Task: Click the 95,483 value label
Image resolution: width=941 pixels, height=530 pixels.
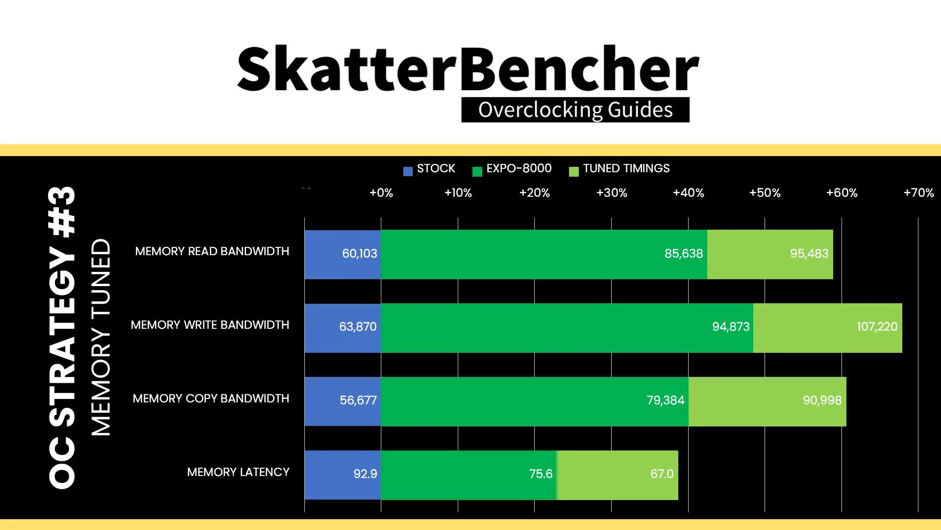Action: coord(809,254)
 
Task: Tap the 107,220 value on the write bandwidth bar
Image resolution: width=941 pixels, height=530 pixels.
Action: coord(877,327)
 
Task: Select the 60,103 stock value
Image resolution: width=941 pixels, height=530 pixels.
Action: coord(360,254)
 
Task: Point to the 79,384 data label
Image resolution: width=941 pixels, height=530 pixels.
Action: coord(666,400)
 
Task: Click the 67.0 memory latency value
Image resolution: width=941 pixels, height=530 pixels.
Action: coord(662,474)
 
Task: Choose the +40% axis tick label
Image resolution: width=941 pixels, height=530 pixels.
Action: coord(689,193)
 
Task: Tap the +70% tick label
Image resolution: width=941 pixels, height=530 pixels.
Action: coord(919,193)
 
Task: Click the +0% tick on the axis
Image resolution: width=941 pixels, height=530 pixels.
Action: coord(381,193)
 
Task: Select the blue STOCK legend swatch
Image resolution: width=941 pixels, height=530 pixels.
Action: coord(408,171)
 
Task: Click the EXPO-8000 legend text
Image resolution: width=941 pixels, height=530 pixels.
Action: coord(519,168)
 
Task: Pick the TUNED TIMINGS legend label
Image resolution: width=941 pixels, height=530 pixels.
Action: coord(626,168)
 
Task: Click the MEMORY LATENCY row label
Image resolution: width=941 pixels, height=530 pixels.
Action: coord(238,472)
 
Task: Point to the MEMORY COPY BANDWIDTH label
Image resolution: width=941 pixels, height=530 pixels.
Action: coord(211,398)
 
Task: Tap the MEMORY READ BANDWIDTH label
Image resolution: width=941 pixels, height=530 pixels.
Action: coord(212,251)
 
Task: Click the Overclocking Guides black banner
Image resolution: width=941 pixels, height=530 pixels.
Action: coord(575,110)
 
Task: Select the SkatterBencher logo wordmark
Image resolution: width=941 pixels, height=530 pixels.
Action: coord(468,69)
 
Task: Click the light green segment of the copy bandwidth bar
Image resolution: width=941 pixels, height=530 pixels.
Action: coord(768,401)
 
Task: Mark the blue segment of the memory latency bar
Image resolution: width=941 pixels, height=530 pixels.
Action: coord(343,475)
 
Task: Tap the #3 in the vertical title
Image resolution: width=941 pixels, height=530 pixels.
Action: coord(62,212)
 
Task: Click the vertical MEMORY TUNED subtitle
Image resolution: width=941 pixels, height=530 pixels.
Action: coord(101,337)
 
